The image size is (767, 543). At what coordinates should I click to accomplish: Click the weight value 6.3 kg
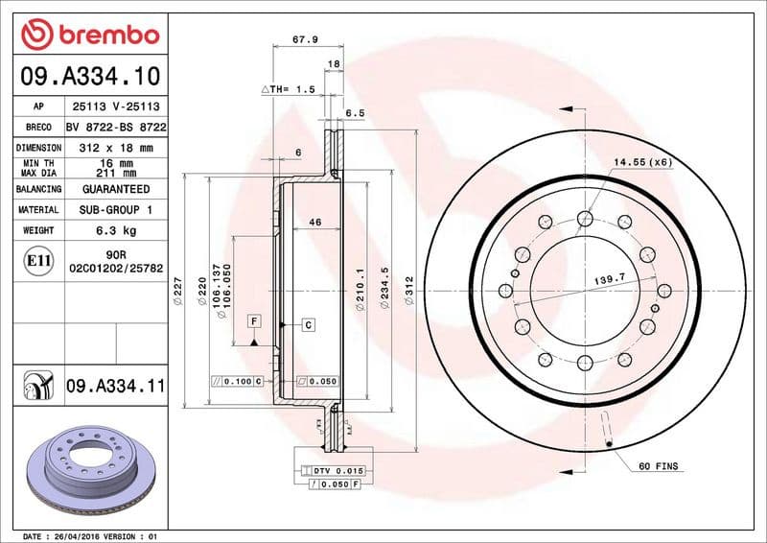click(115, 230)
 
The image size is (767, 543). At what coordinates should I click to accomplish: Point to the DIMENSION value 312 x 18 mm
click(115, 148)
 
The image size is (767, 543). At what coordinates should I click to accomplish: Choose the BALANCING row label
click(38, 190)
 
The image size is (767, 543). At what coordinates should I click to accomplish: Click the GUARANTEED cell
click(115, 190)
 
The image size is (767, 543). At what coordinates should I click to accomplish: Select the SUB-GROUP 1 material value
click(115, 209)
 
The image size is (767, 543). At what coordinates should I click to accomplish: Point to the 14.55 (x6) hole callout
click(642, 162)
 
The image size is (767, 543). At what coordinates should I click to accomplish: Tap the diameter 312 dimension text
click(408, 291)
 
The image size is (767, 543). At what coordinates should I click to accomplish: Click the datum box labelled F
click(254, 319)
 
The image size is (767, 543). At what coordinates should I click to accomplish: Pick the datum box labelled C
click(309, 325)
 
